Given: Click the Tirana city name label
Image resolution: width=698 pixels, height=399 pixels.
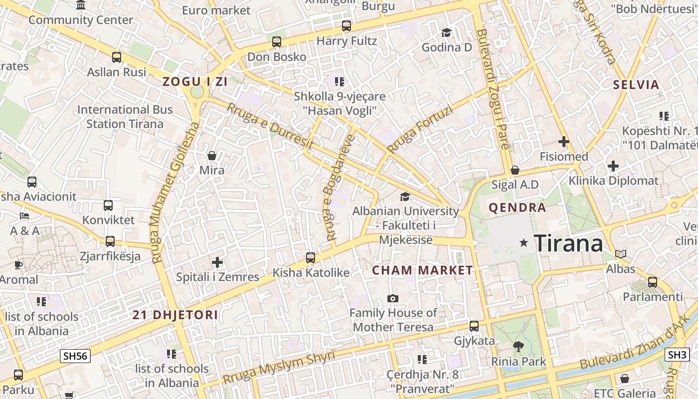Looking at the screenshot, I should (568, 243).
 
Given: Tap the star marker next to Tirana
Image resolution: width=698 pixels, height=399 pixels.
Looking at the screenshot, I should (523, 243).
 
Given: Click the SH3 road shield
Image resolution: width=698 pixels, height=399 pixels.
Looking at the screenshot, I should (677, 355).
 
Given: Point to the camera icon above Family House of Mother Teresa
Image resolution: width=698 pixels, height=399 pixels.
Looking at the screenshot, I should (393, 298).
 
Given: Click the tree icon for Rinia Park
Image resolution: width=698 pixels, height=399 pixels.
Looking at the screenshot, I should (519, 346).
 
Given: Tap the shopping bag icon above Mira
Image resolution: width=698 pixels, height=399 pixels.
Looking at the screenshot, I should (212, 156).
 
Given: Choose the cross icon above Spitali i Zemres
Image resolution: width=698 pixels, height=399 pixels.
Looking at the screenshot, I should (217, 262).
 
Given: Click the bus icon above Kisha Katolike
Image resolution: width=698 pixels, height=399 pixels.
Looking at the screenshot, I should (311, 258).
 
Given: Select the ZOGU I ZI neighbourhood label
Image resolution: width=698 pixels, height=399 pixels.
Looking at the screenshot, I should (195, 82).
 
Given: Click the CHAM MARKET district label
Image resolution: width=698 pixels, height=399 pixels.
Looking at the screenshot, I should (422, 270).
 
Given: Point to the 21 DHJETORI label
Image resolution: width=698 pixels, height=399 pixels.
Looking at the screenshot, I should (175, 315).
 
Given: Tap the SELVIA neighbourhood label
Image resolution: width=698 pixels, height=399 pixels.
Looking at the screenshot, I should (636, 84).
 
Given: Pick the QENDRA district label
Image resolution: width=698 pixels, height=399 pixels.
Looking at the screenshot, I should (517, 207).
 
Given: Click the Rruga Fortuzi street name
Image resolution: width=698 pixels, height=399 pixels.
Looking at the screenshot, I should (420, 130).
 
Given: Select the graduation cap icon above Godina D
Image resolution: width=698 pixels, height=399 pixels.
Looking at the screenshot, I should (446, 33).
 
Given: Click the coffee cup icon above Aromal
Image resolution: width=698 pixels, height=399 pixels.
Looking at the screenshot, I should (18, 265).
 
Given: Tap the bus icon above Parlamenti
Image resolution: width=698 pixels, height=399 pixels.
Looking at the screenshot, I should (653, 282).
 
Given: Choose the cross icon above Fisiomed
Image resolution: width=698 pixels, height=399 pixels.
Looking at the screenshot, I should (564, 142).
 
